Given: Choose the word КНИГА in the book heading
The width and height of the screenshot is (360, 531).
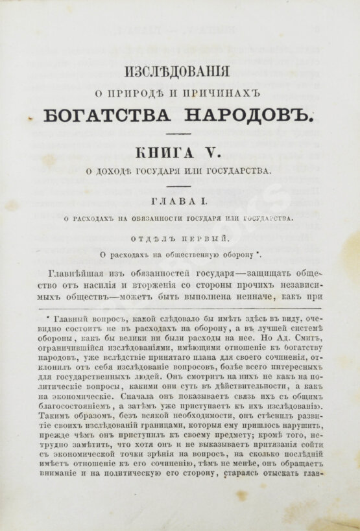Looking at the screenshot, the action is [162, 153].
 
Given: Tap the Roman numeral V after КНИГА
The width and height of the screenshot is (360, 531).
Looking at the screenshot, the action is [215, 153].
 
